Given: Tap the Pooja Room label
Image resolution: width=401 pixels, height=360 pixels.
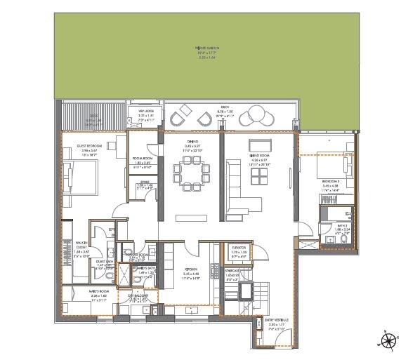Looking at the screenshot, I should click(143, 164).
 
